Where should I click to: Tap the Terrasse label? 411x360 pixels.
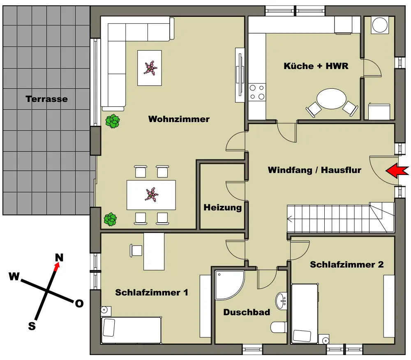46,99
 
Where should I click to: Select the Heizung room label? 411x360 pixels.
223,208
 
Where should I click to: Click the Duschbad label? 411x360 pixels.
247,312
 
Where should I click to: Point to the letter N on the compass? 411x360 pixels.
60,258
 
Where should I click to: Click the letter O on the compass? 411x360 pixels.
79,304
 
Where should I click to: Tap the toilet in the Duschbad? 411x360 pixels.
278,327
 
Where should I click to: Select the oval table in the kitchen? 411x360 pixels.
332,99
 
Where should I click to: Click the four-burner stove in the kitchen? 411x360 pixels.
257,92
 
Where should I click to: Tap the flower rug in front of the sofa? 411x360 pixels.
149,68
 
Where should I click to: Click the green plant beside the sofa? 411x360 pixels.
112,122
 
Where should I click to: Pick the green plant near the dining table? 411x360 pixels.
110,219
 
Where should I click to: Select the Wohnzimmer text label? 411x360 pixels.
179,119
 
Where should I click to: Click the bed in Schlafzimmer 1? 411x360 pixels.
131,330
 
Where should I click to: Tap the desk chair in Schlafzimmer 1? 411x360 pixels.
136,250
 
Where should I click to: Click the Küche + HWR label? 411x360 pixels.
316,66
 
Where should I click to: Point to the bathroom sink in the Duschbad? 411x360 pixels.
282,300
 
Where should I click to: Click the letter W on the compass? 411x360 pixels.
14,277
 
